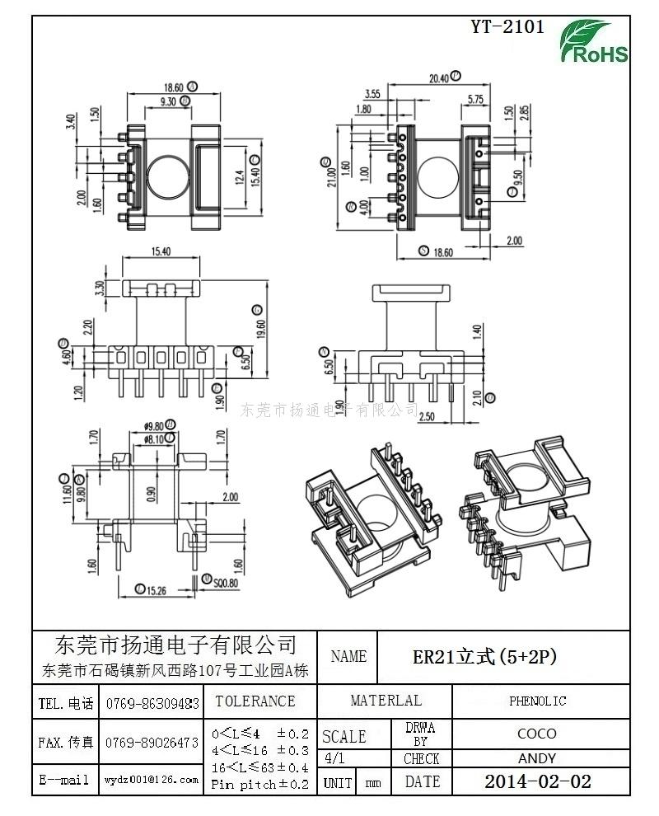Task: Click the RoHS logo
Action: coord(594,43)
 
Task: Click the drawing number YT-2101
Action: coord(507,26)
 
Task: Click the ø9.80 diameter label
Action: coord(153,426)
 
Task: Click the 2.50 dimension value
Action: coord(427,416)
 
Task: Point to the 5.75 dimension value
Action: coord(475,99)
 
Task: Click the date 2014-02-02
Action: coord(537,781)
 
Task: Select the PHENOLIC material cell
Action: coord(537,701)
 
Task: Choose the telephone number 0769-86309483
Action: coord(152,704)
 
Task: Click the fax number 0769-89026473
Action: coord(152,743)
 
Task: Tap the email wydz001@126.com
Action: coord(152,779)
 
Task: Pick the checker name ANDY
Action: coord(537,758)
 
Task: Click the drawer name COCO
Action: coord(537,733)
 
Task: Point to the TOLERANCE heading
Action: coord(255,701)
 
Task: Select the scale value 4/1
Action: coord(335,758)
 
